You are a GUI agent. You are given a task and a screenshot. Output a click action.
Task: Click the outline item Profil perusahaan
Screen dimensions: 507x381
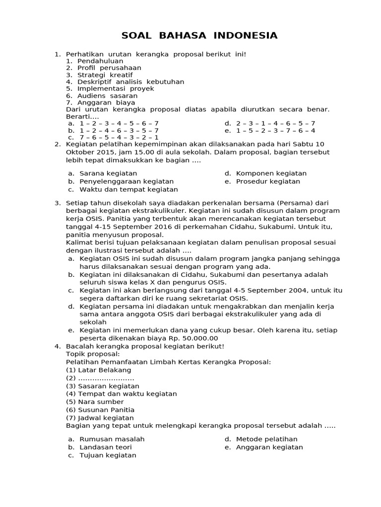(109, 68)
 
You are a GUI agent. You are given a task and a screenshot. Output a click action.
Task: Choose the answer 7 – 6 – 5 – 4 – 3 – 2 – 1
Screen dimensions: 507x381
(119, 138)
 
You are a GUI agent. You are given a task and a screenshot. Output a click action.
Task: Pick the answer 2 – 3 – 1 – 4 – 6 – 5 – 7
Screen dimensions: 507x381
(275, 123)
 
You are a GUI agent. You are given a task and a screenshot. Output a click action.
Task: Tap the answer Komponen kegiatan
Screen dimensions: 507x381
(271, 173)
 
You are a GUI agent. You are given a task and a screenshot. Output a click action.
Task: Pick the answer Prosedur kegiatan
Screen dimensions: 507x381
(268, 181)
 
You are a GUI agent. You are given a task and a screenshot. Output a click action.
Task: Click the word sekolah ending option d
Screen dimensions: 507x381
(93, 322)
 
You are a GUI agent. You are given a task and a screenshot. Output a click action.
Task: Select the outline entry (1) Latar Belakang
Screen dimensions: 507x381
(99, 370)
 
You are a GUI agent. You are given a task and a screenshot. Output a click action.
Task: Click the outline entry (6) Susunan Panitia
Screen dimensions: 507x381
(100, 409)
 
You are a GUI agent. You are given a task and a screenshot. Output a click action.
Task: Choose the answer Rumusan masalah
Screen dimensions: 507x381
(112, 439)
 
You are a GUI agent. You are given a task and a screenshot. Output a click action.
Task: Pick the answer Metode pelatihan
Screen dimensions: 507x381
(266, 439)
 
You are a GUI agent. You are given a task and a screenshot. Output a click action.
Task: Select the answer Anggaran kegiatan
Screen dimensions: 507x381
(269, 447)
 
